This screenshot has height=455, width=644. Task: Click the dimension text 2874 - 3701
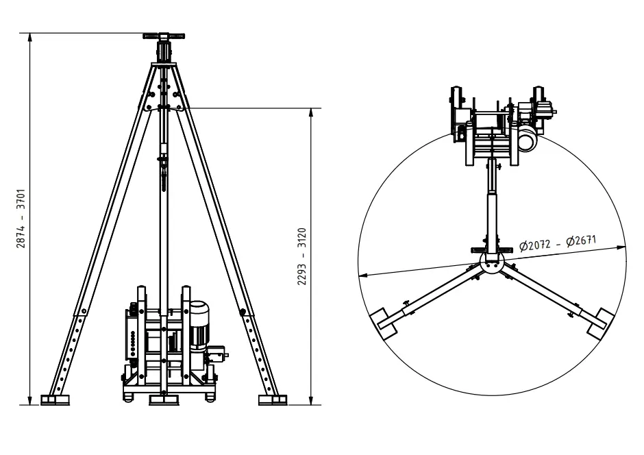point(21,219)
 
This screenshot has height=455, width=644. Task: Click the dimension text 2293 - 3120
point(302,256)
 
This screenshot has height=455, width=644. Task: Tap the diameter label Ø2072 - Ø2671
point(558,243)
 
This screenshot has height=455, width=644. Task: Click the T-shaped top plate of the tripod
point(164,36)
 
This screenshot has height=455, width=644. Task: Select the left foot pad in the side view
point(55,399)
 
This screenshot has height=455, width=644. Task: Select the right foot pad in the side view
point(273,399)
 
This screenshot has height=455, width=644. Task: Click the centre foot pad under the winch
point(164,399)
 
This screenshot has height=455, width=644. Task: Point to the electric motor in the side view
point(199,325)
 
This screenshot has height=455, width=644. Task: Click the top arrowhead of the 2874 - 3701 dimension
point(30,38)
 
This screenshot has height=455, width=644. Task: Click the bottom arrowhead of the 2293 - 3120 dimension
point(311,400)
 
